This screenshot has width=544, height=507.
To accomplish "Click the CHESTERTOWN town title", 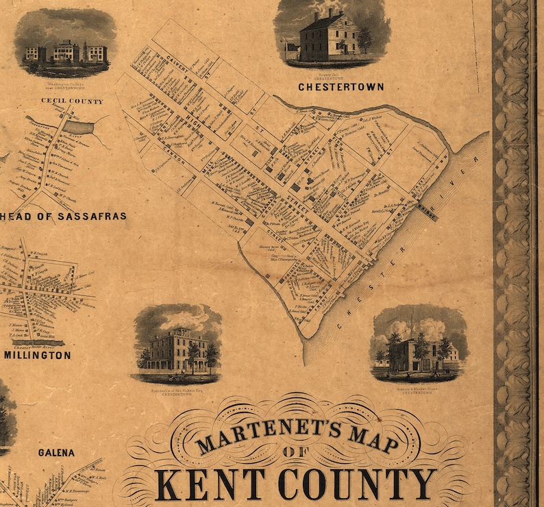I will coord(341,87).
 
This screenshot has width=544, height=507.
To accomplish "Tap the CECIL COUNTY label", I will coord(72,101).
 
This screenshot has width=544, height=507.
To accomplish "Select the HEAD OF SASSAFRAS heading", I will coord(63,216).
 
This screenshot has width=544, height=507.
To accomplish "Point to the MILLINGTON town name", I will coord(37,355).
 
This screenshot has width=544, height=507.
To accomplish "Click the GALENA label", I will coord(56,453).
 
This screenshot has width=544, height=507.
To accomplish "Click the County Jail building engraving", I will coord(329,34).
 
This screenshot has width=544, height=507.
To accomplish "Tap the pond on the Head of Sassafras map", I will coord(80,128).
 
